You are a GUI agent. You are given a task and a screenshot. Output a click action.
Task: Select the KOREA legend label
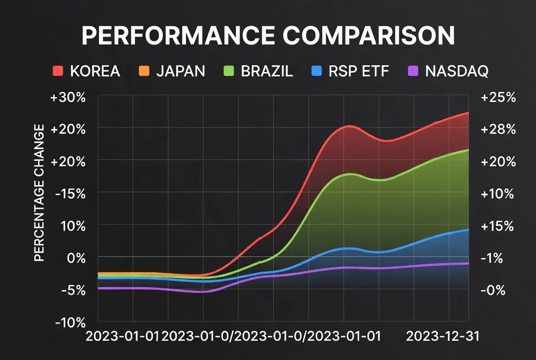click(95, 71)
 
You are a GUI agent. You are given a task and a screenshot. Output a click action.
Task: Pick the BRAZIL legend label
click(266, 71)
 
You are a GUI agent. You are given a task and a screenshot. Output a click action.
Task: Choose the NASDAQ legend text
click(457, 71)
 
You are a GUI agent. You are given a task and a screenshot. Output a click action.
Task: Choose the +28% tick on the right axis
click(497, 129)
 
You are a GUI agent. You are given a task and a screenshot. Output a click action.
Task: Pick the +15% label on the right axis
click(497, 226)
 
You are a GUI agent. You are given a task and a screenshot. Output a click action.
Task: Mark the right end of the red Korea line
click(468, 112)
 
